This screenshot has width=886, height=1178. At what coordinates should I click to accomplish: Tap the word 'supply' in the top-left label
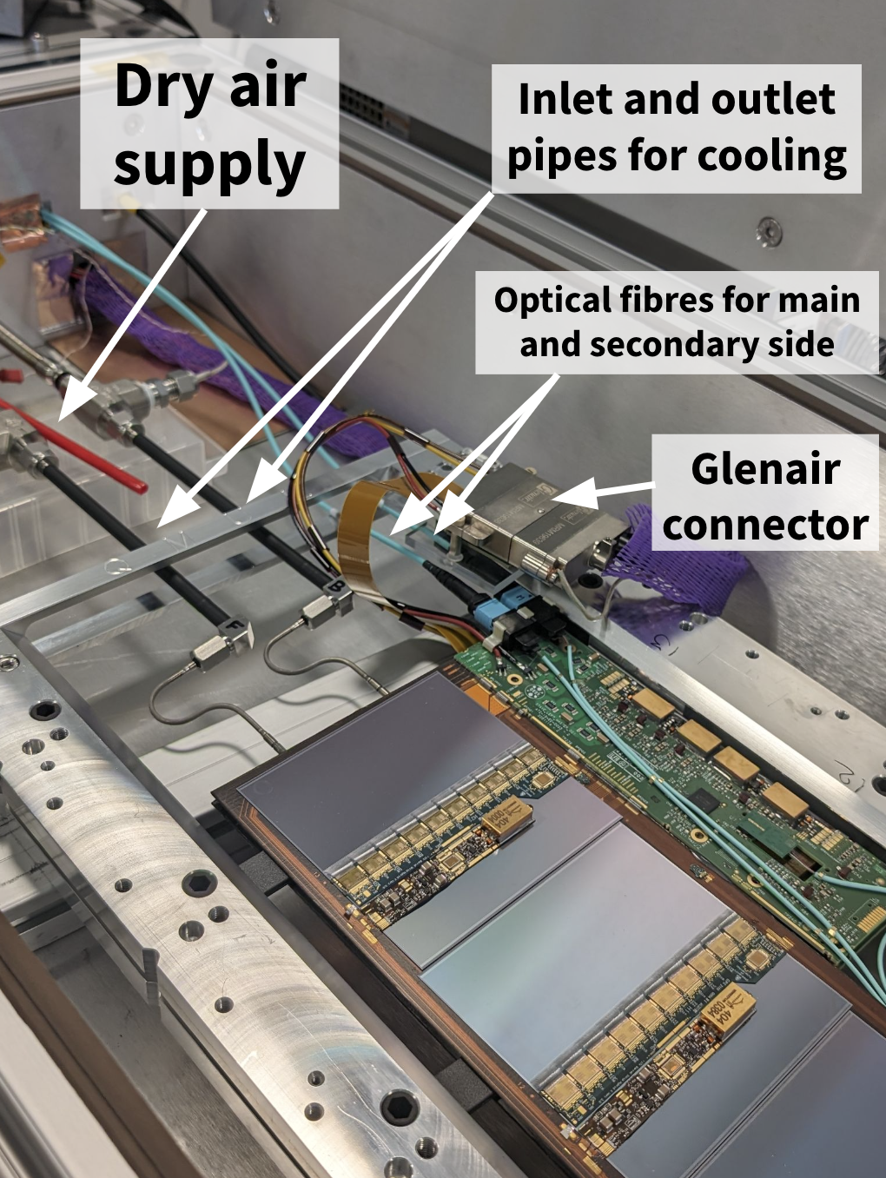[208, 164]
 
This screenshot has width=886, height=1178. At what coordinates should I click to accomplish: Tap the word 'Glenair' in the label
[765, 470]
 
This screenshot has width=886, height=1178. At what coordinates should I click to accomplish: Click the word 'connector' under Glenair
[765, 525]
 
